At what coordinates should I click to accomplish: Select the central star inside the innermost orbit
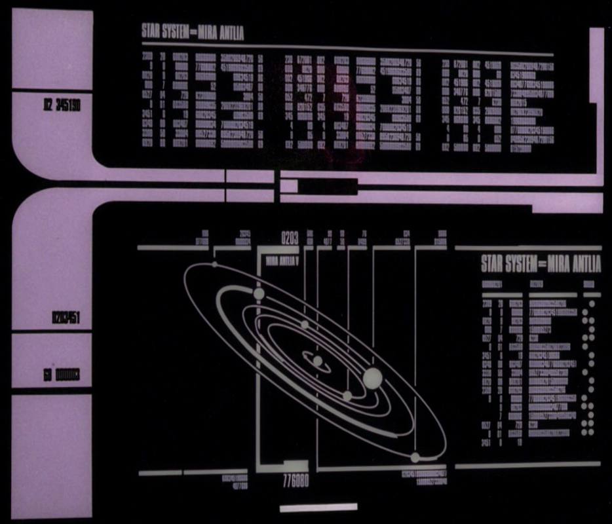(317, 360)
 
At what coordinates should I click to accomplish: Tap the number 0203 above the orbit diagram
(290, 238)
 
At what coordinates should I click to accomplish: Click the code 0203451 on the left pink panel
(66, 320)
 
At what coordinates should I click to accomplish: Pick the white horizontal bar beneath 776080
(318, 507)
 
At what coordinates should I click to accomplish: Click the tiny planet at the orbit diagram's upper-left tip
(214, 265)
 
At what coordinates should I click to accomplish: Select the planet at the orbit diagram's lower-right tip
(415, 457)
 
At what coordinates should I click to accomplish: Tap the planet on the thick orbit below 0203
(258, 293)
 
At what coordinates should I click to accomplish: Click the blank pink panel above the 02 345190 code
(52, 49)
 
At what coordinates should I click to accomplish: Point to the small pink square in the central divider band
(288, 186)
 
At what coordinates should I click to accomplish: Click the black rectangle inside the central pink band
(328, 187)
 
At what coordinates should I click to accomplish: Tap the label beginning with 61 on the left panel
(61, 375)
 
